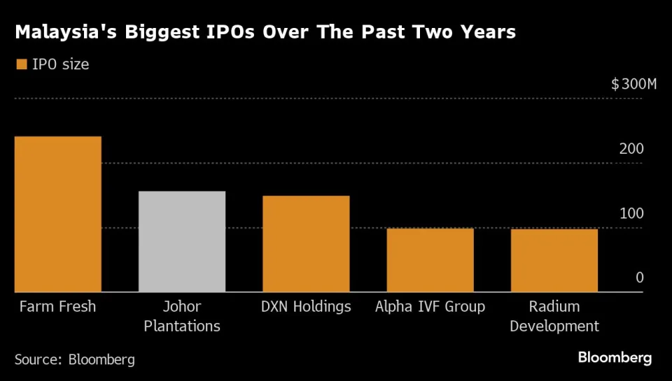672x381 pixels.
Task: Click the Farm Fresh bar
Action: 58,214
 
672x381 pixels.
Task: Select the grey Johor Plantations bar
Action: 182,241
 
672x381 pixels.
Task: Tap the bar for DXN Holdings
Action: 306,243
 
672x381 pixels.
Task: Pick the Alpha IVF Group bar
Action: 430,259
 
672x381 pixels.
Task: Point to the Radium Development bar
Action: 554,260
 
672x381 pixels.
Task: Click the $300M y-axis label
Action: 633,85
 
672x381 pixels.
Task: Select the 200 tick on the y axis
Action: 631,149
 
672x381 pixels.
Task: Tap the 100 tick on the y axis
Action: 631,213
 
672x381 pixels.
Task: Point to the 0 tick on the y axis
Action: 639,278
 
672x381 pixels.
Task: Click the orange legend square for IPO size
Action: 20,64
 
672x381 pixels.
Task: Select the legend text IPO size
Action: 60,64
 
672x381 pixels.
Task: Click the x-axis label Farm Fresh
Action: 57,307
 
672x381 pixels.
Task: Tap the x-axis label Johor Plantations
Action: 182,316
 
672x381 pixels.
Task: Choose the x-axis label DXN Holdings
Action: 307,307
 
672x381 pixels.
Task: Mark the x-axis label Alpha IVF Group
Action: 430,307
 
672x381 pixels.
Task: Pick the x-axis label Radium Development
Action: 554,316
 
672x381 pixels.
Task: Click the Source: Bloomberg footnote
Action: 75,359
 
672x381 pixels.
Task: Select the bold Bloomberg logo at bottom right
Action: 615,358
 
